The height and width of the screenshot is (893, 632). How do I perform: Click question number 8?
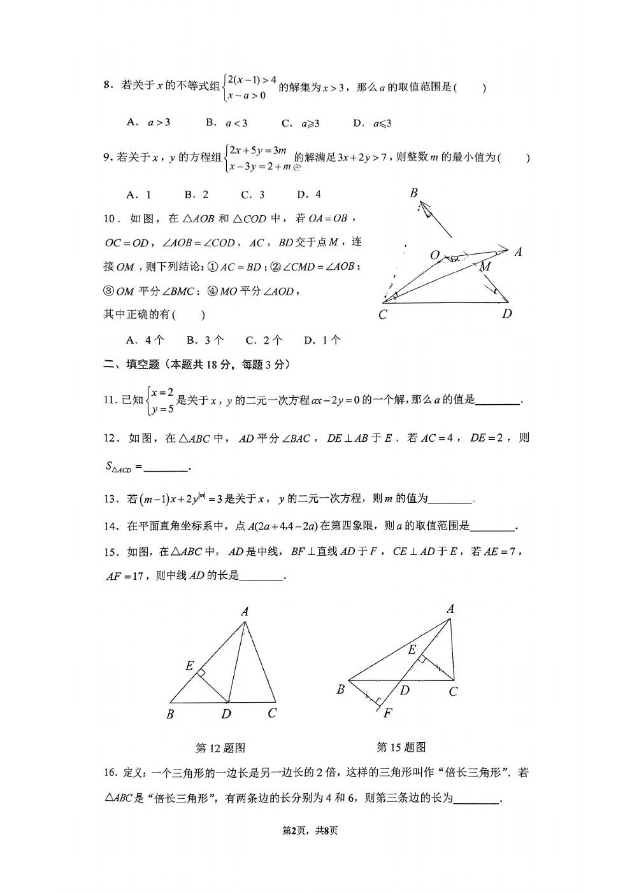point(108,85)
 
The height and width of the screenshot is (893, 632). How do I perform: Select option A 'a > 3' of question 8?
point(148,123)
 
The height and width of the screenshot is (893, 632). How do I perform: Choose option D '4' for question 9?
point(309,195)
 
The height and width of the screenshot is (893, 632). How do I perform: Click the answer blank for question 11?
point(498,401)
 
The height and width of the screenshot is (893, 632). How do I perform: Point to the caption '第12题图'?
point(220,748)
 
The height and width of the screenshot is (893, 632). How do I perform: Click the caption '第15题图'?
point(401,747)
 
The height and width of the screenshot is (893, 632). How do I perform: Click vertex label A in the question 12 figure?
point(244,612)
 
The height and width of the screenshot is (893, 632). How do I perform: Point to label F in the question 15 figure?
point(387,713)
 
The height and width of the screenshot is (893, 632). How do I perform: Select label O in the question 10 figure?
point(435,255)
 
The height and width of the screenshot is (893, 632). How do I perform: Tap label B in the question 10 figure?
point(413,193)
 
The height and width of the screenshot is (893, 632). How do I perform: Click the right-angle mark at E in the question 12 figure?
point(201,672)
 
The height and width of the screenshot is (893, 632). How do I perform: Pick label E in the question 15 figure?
point(412,649)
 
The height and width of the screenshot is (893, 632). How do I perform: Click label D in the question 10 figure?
point(506,313)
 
